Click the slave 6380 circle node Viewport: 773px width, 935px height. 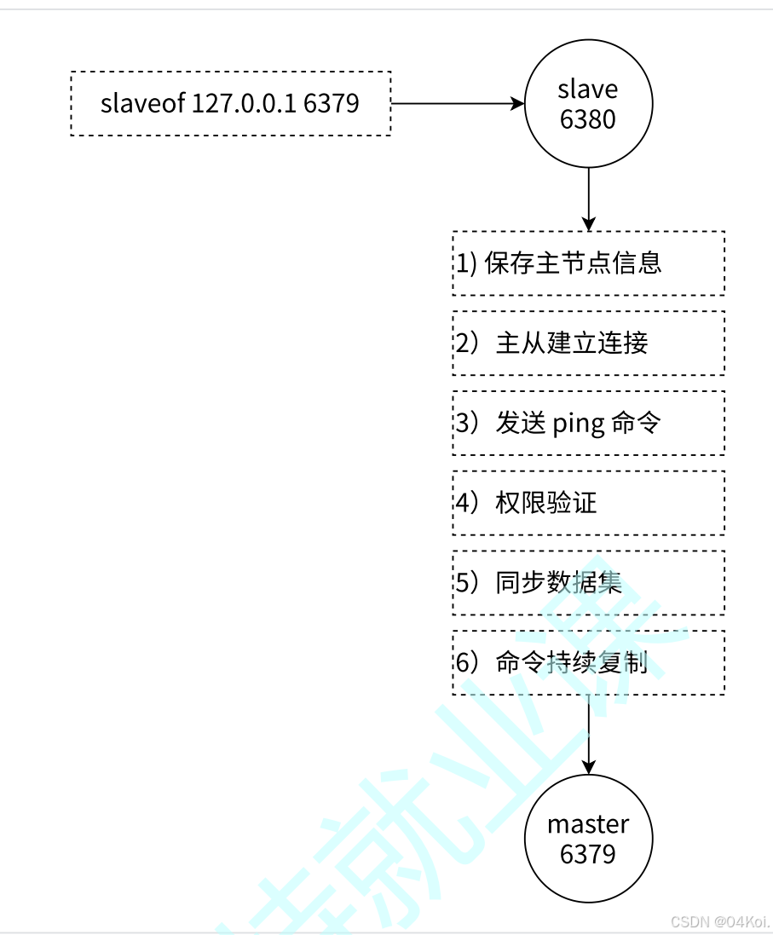click(588, 104)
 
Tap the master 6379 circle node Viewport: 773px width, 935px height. click(588, 839)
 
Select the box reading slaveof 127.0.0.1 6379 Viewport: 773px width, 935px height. click(230, 103)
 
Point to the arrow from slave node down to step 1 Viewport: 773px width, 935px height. click(588, 199)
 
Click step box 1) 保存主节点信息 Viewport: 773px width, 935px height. click(588, 263)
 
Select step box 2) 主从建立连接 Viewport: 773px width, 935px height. click(588, 343)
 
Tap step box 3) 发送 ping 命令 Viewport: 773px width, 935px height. click(588, 423)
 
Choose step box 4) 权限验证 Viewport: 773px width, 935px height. click(588, 503)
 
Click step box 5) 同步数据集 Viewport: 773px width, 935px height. click(588, 583)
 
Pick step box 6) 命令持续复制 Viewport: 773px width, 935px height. click(588, 663)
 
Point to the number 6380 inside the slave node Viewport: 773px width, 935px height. click(588, 119)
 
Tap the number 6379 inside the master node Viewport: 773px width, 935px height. click(588, 854)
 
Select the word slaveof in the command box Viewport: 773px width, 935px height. click(142, 103)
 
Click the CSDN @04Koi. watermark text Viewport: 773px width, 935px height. click(719, 922)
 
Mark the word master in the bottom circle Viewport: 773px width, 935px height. click(588, 824)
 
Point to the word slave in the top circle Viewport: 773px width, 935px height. click(588, 89)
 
